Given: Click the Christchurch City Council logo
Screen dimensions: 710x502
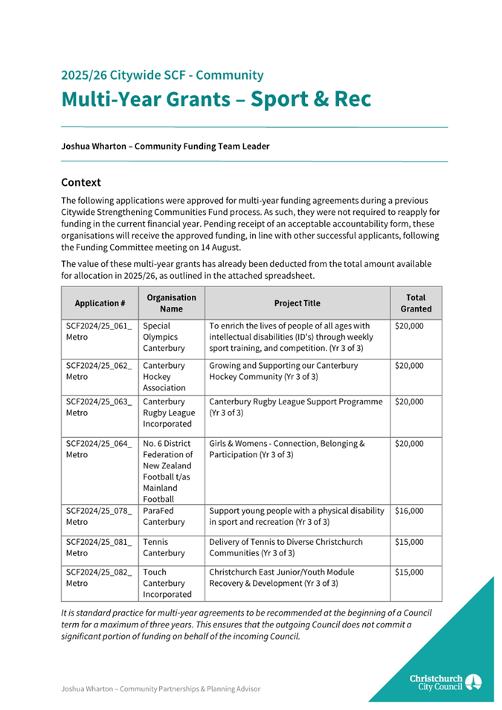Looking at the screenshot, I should point(445,682).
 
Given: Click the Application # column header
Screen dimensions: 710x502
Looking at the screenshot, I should point(100,303).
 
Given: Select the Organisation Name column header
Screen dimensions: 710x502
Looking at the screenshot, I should point(171,303).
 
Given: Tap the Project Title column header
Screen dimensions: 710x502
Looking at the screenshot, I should point(297,303).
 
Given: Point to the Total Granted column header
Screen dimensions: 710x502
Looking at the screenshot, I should point(416,303).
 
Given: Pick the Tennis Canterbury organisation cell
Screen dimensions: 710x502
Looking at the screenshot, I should point(164,547).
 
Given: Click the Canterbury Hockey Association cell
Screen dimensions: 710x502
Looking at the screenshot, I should point(164,377).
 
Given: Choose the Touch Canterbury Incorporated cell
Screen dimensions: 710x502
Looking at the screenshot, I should point(167,583).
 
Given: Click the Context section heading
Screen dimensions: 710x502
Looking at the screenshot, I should point(81,182).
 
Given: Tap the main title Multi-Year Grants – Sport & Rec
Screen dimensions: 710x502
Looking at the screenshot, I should point(216,99).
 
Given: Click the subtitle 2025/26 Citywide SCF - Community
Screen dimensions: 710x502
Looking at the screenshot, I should point(162,75).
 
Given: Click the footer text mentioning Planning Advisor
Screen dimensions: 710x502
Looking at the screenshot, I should point(161,689).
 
